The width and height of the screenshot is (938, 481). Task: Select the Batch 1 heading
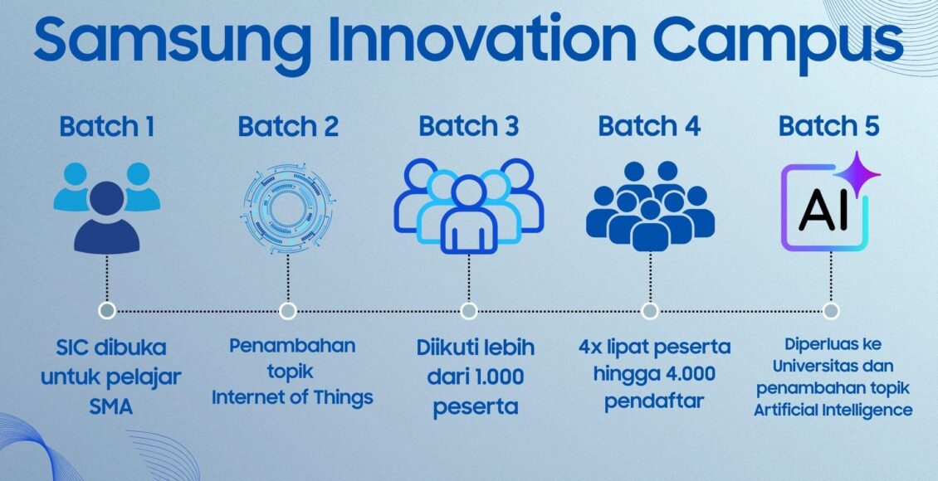pyautogui.click(x=107, y=127)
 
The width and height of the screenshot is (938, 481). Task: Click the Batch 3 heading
pyautogui.click(x=468, y=127)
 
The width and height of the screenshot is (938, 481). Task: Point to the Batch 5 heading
pyautogui.click(x=829, y=127)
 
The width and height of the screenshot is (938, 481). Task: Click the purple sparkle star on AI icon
pyautogui.click(x=857, y=174)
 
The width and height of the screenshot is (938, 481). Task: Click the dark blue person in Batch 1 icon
pyautogui.click(x=107, y=217)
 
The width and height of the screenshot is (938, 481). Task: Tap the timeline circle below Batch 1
pyautogui.click(x=107, y=311)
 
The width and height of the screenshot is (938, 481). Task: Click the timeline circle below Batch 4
pyautogui.click(x=650, y=311)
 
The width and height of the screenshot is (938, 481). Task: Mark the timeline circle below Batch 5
pyautogui.click(x=830, y=311)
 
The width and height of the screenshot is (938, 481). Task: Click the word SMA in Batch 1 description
pyautogui.click(x=111, y=407)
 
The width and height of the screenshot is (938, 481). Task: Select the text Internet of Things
pyautogui.click(x=292, y=397)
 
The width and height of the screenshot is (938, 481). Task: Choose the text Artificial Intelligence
pyautogui.click(x=833, y=411)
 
